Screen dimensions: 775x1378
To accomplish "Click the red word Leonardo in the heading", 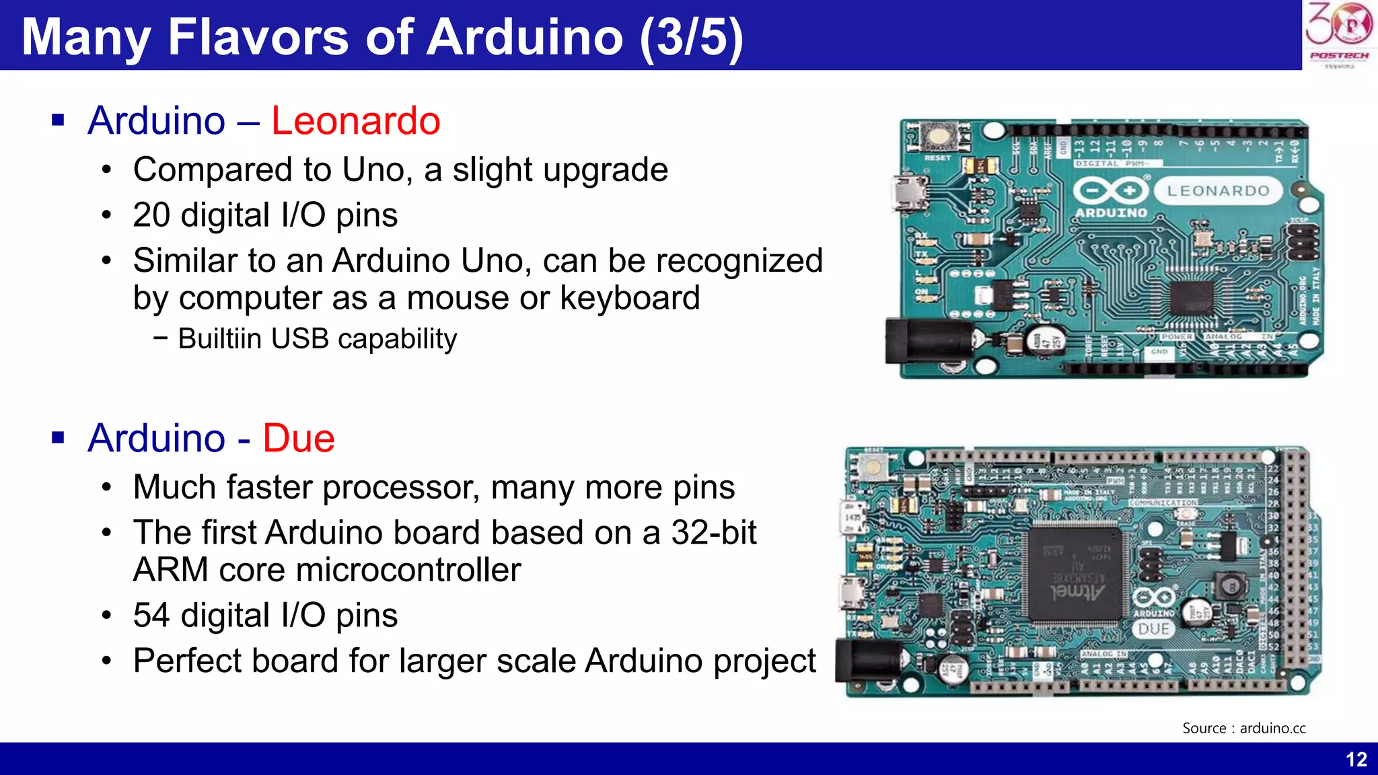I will pyautogui.click(x=355, y=121).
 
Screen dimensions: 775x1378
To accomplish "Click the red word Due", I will pyautogui.click(x=298, y=439).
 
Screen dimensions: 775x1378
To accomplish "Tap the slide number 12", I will pyautogui.click(x=1356, y=760).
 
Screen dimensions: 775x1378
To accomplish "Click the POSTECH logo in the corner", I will pyautogui.click(x=1338, y=34).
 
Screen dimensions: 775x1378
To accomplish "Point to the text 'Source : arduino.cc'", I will pyautogui.click(x=1243, y=728).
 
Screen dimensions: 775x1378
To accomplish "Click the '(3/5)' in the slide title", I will pyautogui.click(x=692, y=37).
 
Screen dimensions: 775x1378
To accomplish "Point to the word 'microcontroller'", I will pyautogui.click(x=408, y=570).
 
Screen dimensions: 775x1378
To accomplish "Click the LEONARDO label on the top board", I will pyautogui.click(x=1218, y=191).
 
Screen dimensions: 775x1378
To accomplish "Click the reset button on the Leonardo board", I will pyautogui.click(x=937, y=137).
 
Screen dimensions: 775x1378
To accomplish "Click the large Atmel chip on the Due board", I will pyautogui.click(x=1075, y=574).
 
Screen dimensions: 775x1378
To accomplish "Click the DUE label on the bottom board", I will pyautogui.click(x=1153, y=629).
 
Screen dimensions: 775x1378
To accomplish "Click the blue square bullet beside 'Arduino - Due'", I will pyautogui.click(x=58, y=439).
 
